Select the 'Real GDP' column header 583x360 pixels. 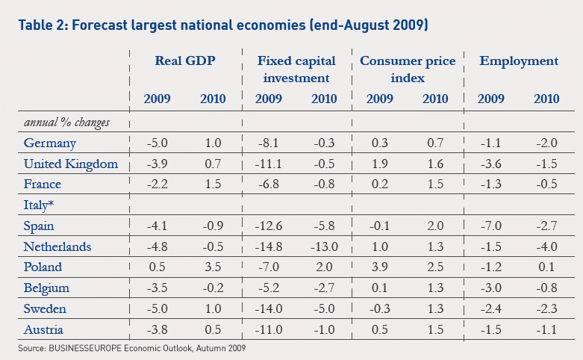(x=185, y=61)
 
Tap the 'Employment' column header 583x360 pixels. (x=519, y=61)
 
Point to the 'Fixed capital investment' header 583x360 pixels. (x=296, y=69)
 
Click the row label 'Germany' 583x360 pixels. (x=50, y=143)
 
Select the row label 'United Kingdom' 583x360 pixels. (x=71, y=164)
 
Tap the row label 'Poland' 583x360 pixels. (x=43, y=267)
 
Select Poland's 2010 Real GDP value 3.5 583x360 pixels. (x=212, y=267)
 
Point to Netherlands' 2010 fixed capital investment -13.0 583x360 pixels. (x=323, y=246)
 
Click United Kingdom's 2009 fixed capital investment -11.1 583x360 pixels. (x=268, y=164)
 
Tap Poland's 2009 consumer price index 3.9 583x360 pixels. (x=379, y=267)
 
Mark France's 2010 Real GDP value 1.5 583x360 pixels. (x=212, y=184)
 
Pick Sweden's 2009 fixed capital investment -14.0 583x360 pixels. (x=268, y=308)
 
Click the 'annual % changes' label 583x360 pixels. (x=67, y=122)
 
